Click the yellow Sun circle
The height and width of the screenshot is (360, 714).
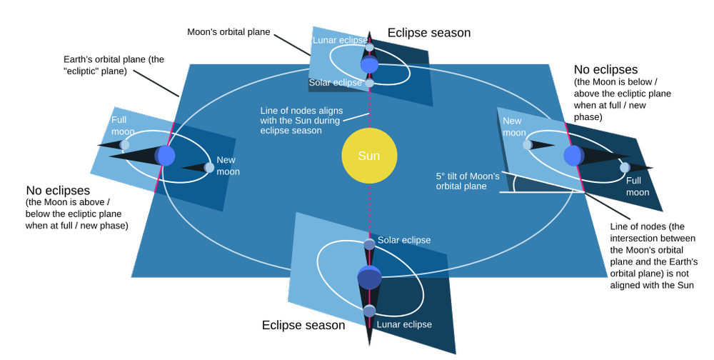click(x=368, y=156)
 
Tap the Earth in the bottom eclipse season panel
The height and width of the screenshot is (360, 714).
click(x=369, y=277)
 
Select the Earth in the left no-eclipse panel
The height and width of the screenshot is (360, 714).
click(x=165, y=154)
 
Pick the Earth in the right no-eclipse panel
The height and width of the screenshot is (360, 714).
click(x=573, y=155)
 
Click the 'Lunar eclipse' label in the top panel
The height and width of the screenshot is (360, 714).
click(x=339, y=41)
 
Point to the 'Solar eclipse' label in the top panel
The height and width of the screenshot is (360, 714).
click(x=336, y=84)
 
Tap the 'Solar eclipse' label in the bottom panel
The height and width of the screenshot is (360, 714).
click(x=404, y=241)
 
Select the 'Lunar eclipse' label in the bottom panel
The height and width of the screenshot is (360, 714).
click(x=405, y=324)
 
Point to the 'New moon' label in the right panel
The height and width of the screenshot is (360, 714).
click(x=513, y=127)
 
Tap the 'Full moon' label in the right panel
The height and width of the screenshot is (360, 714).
click(x=638, y=186)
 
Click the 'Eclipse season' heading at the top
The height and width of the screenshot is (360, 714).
click(x=428, y=33)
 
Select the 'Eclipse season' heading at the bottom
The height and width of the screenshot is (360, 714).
click(x=303, y=325)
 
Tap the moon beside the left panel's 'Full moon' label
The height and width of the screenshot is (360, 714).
click(x=125, y=145)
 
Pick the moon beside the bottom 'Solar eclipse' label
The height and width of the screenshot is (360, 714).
click(x=369, y=245)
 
